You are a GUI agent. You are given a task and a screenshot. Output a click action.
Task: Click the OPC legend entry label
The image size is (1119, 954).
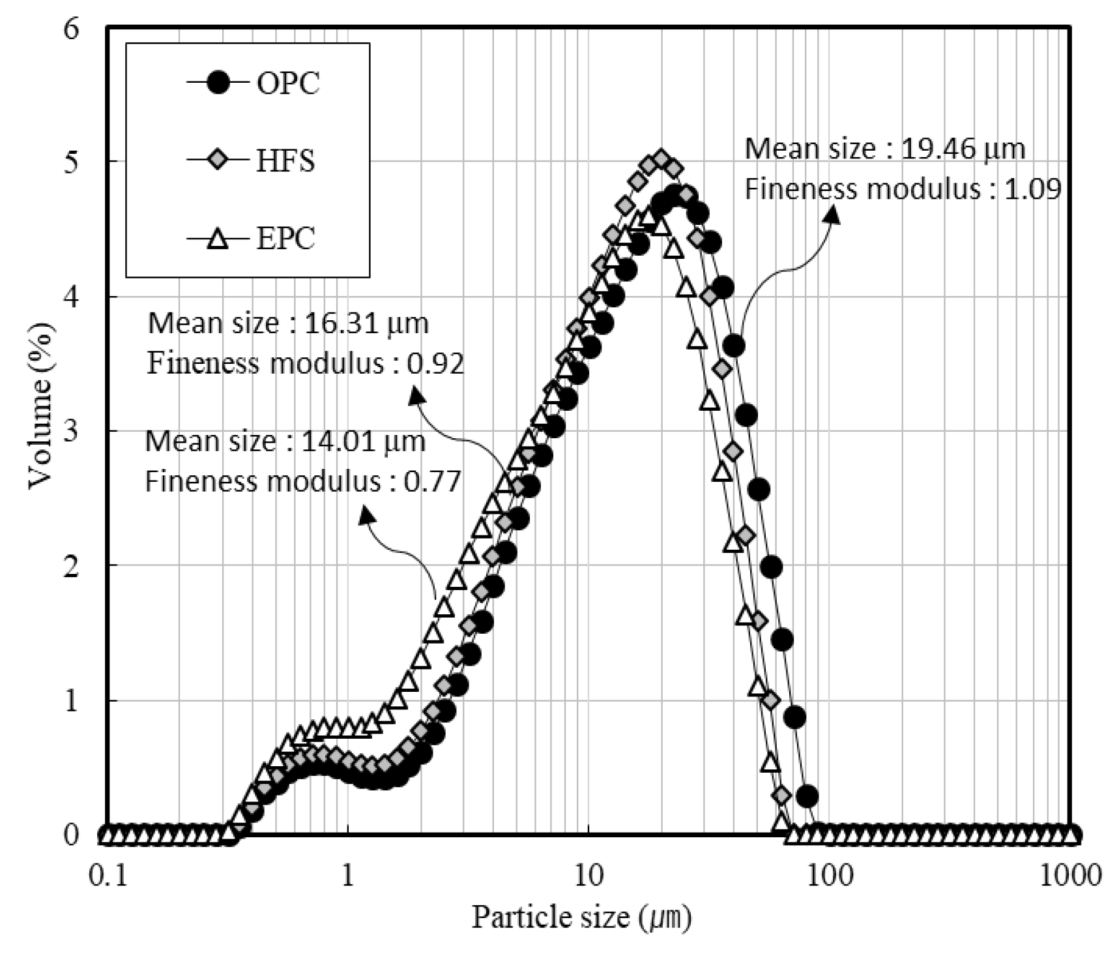287,83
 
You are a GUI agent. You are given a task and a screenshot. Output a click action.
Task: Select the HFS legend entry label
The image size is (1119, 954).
285,161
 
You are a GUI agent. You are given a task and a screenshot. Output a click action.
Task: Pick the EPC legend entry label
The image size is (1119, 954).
285,239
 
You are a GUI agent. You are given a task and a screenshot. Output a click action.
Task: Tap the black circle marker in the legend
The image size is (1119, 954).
220,83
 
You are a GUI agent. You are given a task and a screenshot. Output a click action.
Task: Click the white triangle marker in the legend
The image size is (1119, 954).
220,239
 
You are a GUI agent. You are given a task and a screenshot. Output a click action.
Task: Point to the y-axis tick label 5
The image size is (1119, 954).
72,161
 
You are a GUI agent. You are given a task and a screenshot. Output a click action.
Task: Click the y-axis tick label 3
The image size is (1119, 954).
72,431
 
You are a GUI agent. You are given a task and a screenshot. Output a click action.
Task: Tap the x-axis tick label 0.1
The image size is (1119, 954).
106,874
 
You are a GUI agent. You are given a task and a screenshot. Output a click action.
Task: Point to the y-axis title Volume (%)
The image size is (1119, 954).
40,404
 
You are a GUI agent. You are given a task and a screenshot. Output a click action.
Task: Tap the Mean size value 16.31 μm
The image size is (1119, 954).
367,323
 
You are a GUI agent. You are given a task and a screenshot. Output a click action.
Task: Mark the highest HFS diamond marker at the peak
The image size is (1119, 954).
661,159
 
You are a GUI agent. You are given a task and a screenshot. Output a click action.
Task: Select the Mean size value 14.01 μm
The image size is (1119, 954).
364,442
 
